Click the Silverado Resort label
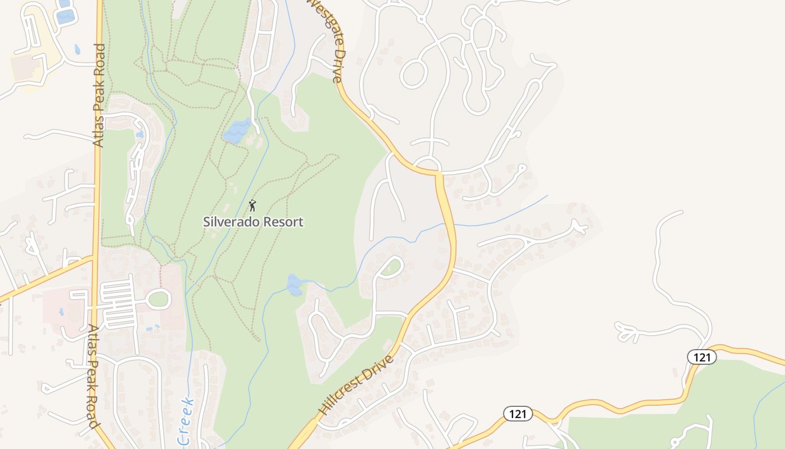click(253, 222)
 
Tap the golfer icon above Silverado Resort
click(252, 205)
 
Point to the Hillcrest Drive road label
click(357, 385)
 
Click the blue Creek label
click(186, 422)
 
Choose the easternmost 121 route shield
click(701, 356)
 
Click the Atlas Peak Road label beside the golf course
click(99, 95)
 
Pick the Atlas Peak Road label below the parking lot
click(93, 376)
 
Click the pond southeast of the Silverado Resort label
click(294, 285)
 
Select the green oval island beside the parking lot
click(159, 299)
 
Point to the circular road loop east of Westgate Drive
click(414, 74)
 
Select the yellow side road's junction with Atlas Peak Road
click(93, 258)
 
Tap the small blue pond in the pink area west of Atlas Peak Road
click(61, 311)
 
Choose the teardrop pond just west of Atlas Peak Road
click(77, 49)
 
